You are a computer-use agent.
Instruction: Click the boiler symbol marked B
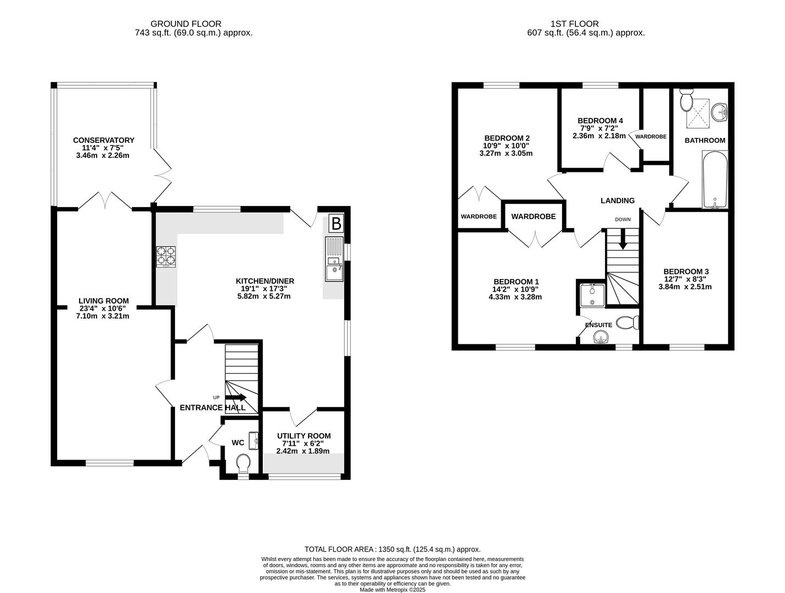[335, 224]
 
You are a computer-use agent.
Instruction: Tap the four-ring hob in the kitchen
[166, 257]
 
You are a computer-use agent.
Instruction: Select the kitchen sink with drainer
[333, 259]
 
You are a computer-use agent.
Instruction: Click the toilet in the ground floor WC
[243, 463]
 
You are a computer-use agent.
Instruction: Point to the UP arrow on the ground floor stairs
[235, 397]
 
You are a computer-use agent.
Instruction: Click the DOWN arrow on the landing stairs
[623, 240]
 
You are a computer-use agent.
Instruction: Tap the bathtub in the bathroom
[715, 180]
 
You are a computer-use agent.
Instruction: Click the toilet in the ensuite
[628, 323]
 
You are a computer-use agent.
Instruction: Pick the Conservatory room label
[104, 140]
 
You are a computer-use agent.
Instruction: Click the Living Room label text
[104, 300]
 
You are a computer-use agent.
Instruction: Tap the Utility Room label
[304, 435]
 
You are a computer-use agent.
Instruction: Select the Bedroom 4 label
[600, 121]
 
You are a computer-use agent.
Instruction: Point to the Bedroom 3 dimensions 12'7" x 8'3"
[686, 279]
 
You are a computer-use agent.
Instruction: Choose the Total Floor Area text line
[392, 549]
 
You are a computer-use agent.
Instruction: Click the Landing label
[617, 200]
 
